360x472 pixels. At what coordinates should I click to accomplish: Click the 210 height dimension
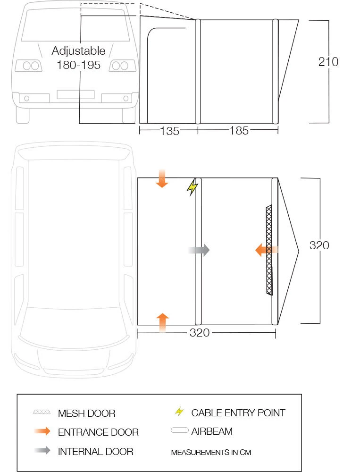pos(328,62)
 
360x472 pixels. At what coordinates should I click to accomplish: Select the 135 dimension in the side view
pos(169,131)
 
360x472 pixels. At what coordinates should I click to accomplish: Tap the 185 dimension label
pos(239,131)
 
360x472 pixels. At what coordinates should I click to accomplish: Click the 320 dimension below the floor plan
pos(199,333)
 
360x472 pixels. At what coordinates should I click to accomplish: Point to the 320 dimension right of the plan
pos(319,245)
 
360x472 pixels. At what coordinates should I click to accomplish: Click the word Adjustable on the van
pos(78,51)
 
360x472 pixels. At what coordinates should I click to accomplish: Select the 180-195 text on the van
pos(78,65)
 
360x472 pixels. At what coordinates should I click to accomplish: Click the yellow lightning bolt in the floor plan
pos(192,187)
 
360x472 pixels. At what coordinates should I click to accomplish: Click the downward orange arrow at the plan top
pos(162,179)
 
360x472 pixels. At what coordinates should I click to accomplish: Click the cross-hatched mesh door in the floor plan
pos(269,250)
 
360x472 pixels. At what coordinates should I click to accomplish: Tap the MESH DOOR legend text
pos(86,413)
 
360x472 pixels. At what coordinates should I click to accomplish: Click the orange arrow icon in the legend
pos(42,431)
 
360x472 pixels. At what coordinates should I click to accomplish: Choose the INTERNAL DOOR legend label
pos(95,451)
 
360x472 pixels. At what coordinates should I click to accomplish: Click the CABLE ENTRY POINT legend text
pos(238,413)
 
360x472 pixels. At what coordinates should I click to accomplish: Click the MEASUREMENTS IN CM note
pos(211,452)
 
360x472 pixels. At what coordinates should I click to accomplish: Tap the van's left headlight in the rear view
pos(29,66)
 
